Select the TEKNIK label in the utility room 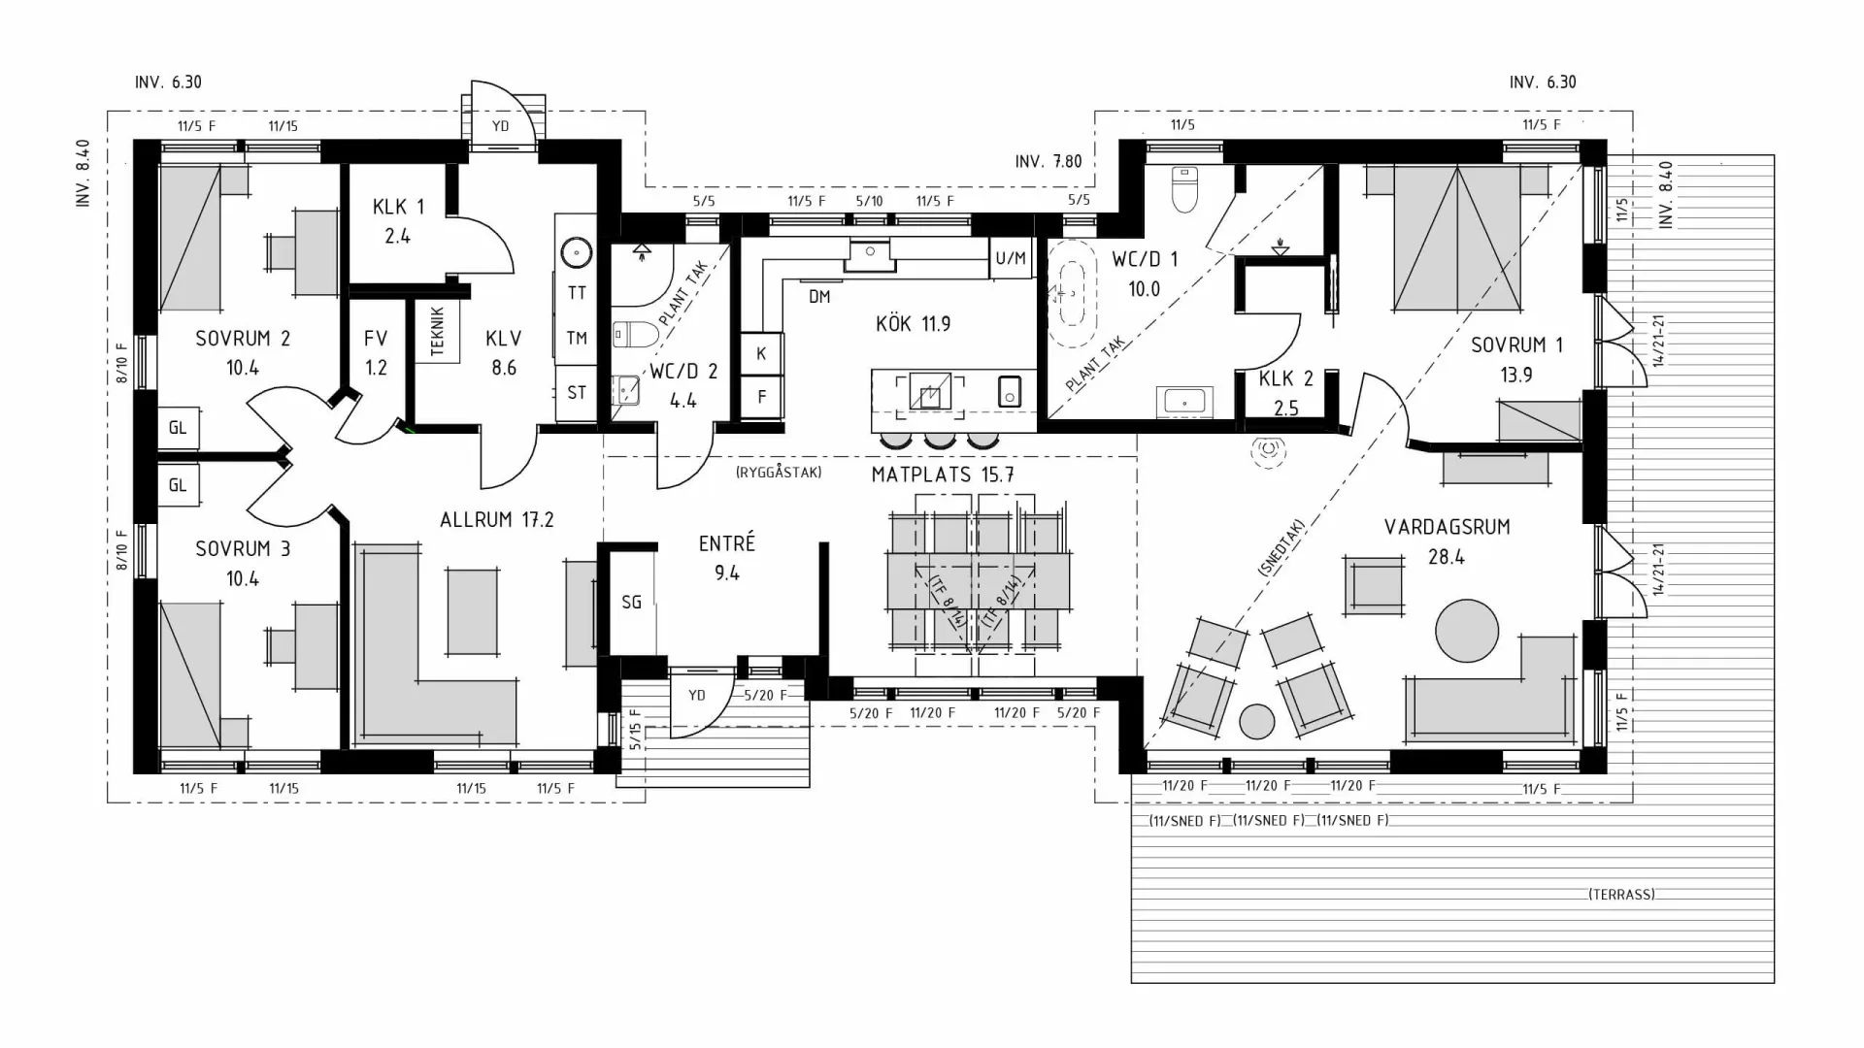tap(437, 331)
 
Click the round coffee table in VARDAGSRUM tap(1467, 631)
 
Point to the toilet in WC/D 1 tap(1182, 190)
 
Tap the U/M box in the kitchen tap(1011, 258)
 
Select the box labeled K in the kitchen tap(761, 353)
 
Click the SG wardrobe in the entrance tap(631, 602)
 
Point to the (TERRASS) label tap(1621, 894)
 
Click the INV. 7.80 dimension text tap(1048, 161)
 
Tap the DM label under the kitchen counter tap(819, 297)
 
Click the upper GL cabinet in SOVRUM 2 tap(178, 428)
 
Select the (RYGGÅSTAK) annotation tap(779, 473)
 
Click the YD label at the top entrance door tap(500, 126)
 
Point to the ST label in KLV tap(577, 392)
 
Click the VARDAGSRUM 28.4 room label tap(1447, 540)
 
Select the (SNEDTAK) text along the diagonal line tap(1281, 547)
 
